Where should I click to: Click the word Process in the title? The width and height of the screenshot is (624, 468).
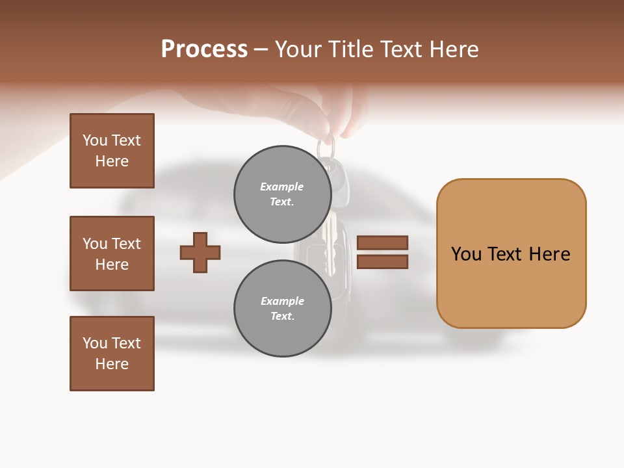point(204,49)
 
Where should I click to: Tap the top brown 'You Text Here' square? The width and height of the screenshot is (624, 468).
point(112,151)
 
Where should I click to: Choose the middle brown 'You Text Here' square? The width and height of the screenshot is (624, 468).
point(112,253)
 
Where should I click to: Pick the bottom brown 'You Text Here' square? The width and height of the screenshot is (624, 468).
point(112,354)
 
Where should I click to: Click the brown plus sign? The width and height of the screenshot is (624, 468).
point(200,252)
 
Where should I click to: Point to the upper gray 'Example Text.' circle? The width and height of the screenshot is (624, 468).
point(282,194)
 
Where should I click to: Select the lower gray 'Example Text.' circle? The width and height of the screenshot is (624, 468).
point(282,309)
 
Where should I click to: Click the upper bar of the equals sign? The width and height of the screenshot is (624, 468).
point(382,242)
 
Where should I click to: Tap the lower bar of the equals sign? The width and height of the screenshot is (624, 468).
point(382,262)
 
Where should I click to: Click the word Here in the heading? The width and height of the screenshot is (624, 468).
point(454,49)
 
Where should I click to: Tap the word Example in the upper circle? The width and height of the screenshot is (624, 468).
point(282,187)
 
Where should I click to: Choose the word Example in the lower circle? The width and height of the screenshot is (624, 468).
point(282,301)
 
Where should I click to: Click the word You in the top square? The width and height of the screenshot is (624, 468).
point(95,140)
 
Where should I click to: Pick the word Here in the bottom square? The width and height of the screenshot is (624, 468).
point(112,364)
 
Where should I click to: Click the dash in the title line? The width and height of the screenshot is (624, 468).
point(261,49)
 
